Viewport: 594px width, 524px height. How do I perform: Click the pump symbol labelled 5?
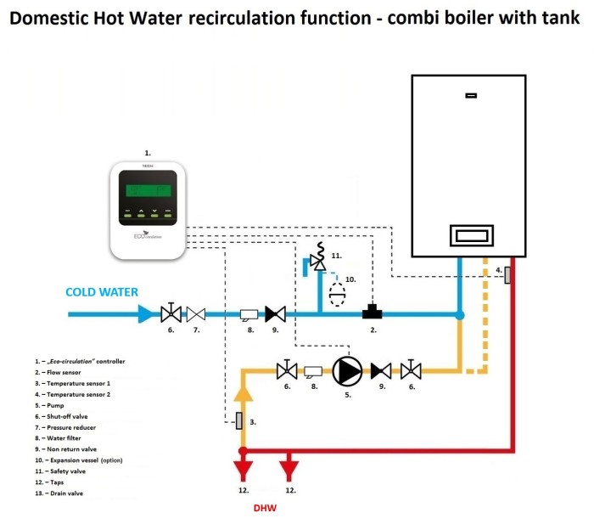pos(346,369)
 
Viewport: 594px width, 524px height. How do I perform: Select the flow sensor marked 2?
pos(372,313)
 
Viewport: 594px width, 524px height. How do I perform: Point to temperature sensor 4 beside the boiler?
pos(507,275)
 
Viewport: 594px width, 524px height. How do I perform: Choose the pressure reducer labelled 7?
pos(196,313)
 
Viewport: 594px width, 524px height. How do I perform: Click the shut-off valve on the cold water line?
pos(171,313)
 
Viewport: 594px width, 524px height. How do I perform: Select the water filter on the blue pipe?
pos(249,313)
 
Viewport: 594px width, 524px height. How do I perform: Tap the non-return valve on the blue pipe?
pos(274,313)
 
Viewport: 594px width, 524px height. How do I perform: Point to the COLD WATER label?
pos(102,292)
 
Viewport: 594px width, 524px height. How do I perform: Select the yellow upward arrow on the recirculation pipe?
pos(243,392)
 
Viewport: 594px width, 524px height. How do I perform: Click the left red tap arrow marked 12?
pos(243,470)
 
